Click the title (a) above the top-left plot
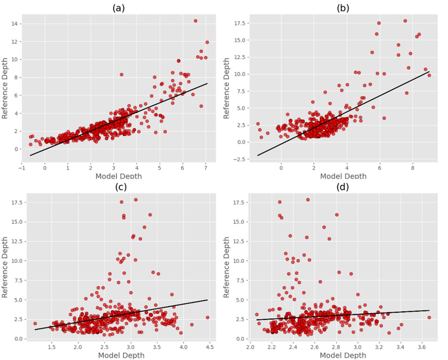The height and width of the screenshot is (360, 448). click(119, 8)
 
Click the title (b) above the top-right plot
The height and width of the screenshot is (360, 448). click(343, 8)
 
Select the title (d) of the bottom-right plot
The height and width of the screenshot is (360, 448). click(343, 187)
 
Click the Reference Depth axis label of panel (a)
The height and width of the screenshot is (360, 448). click(6, 88)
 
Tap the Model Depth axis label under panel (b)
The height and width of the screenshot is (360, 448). click(343, 176)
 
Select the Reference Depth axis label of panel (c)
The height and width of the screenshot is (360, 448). click(6, 267)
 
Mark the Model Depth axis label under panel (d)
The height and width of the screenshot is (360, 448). click(343, 355)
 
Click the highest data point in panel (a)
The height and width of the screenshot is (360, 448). click(196, 21)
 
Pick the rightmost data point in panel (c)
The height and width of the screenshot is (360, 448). click(208, 317)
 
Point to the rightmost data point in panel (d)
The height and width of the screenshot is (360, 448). click(429, 317)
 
